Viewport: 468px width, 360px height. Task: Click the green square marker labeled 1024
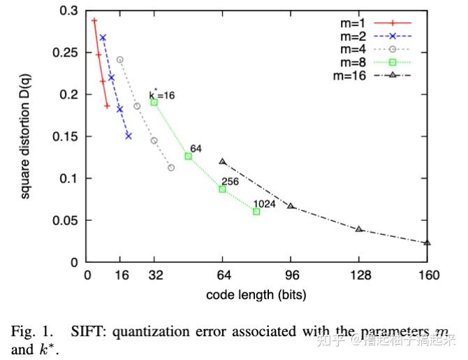pyautogui.click(x=256, y=211)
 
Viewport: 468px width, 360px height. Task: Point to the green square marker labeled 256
pyautogui.click(x=222, y=189)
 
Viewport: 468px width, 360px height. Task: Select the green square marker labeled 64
pyautogui.click(x=188, y=156)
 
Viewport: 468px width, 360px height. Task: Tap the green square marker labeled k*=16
pyautogui.click(x=154, y=102)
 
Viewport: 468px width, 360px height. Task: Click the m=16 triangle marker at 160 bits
pyautogui.click(x=427, y=243)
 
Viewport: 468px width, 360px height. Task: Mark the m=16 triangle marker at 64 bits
pyautogui.click(x=222, y=161)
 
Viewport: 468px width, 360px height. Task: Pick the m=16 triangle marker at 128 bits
pyautogui.click(x=359, y=229)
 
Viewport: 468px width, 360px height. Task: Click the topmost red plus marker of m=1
pyautogui.click(x=94, y=20)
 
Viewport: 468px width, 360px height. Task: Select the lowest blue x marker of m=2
pyautogui.click(x=129, y=136)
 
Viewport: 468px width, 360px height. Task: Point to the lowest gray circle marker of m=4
pyautogui.click(x=171, y=168)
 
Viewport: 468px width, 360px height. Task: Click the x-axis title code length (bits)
pyautogui.click(x=256, y=295)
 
